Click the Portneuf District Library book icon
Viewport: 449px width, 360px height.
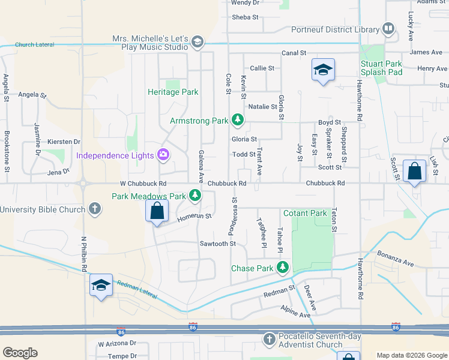point(388,29)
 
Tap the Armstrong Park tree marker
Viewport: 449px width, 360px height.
point(238,121)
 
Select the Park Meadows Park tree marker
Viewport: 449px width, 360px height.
point(195,196)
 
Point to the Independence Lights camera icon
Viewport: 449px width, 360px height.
point(163,156)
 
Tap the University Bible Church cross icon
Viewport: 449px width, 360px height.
point(94,209)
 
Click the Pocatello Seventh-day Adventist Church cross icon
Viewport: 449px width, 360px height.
point(270,340)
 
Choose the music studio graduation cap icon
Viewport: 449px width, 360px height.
point(197,42)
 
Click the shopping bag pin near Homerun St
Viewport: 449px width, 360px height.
point(157,212)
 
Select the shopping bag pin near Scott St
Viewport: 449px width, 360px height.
point(415,172)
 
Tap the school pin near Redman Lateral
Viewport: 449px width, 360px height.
point(101,286)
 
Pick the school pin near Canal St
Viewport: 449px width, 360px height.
point(323,71)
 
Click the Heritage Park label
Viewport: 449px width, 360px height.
point(173,92)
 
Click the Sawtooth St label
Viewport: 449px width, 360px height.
point(218,244)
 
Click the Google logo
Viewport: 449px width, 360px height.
point(20,352)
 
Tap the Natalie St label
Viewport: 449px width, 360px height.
point(264,107)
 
